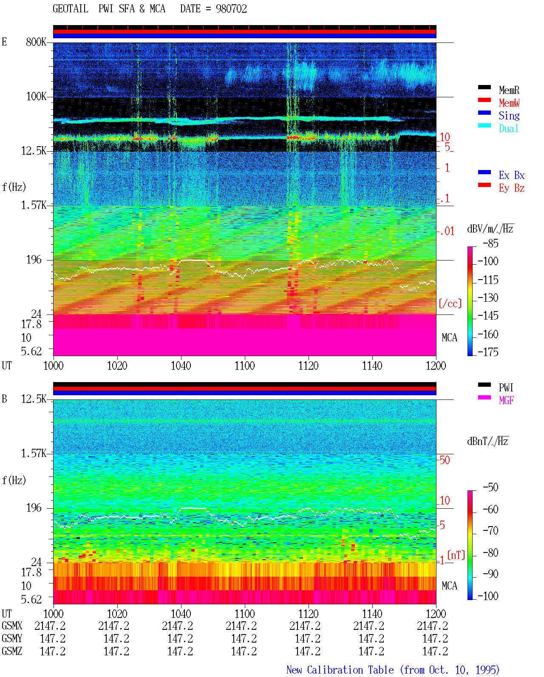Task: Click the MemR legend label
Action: [x=509, y=90]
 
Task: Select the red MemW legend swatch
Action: [x=484, y=100]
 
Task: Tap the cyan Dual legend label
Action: [x=508, y=128]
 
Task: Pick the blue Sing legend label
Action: [x=509, y=116]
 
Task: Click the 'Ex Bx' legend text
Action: [x=511, y=175]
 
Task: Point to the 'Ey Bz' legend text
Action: [x=511, y=188]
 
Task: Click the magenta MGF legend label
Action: [x=506, y=400]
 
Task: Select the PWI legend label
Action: [x=506, y=388]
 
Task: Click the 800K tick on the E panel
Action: [x=36, y=42]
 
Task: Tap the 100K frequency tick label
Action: [x=36, y=96]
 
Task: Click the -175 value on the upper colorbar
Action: [x=487, y=352]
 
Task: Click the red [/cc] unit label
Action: [x=450, y=303]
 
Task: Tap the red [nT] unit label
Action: [x=456, y=555]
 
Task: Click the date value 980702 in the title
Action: [x=231, y=9]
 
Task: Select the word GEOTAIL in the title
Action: [x=71, y=9]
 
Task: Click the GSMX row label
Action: [x=11, y=626]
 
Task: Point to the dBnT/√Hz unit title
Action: [x=487, y=442]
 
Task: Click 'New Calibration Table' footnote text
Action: [x=340, y=670]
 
